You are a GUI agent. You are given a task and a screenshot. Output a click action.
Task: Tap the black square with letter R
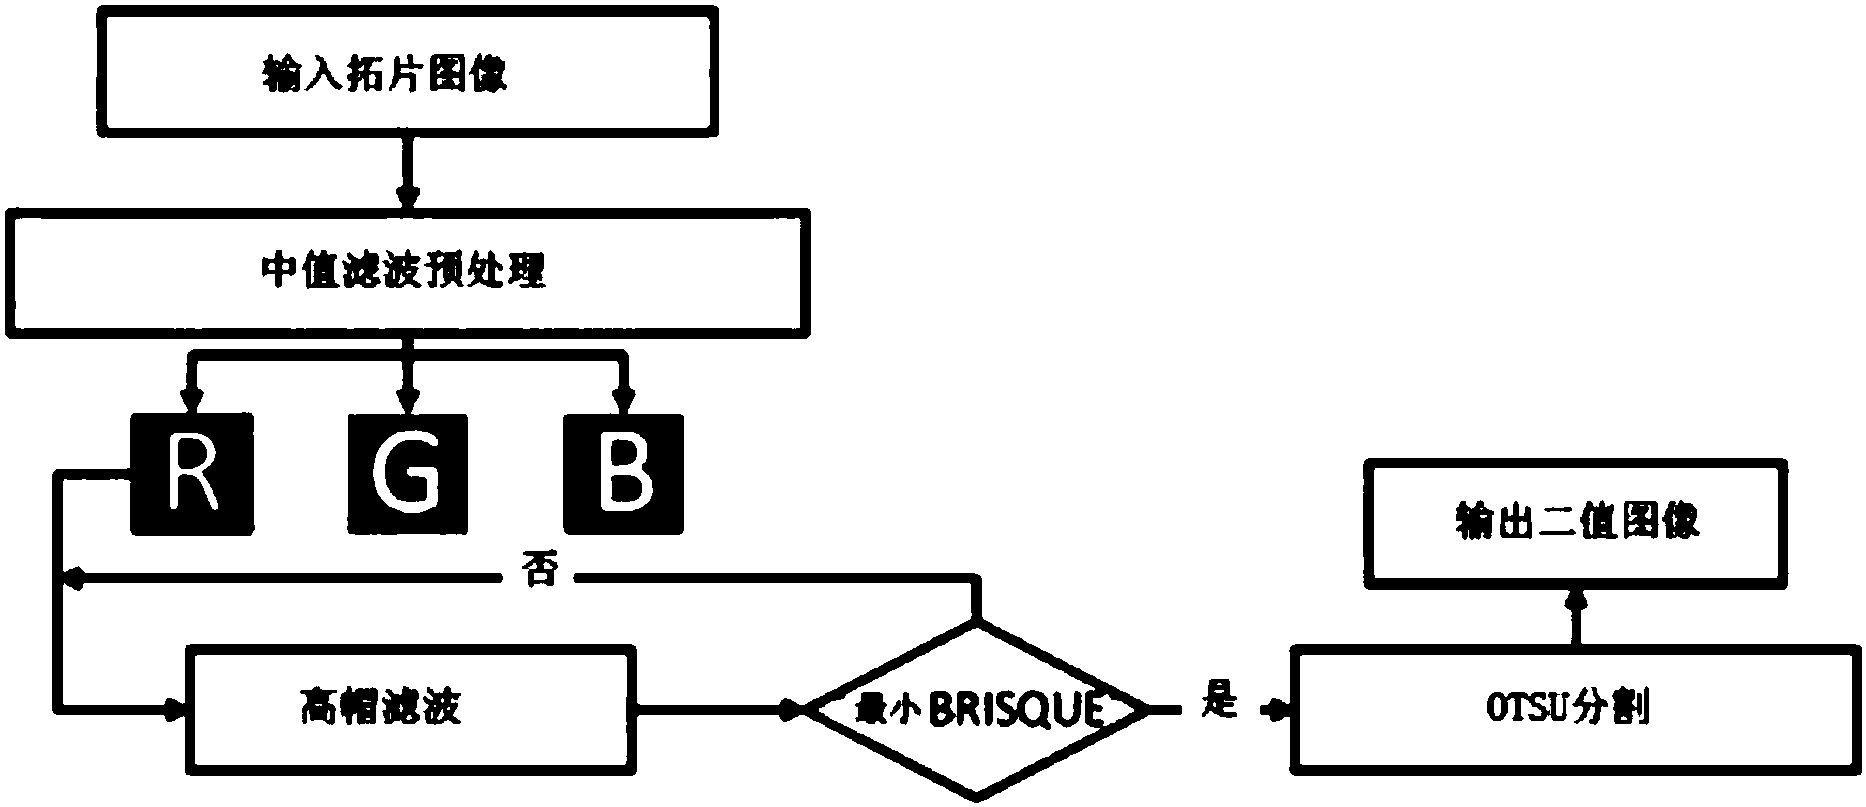[192, 472]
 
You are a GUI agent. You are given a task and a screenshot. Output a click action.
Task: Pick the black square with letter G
[408, 472]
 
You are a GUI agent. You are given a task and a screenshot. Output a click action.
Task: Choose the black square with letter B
[624, 472]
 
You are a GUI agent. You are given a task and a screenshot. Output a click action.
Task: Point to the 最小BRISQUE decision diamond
[977, 709]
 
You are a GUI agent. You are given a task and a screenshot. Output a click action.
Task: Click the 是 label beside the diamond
[1217, 705]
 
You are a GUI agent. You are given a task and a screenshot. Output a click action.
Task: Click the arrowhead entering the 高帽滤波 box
[176, 709]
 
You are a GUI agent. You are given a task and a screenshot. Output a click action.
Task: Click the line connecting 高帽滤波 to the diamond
[720, 709]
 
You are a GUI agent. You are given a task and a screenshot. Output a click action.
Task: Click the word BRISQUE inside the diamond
[1016, 711]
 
